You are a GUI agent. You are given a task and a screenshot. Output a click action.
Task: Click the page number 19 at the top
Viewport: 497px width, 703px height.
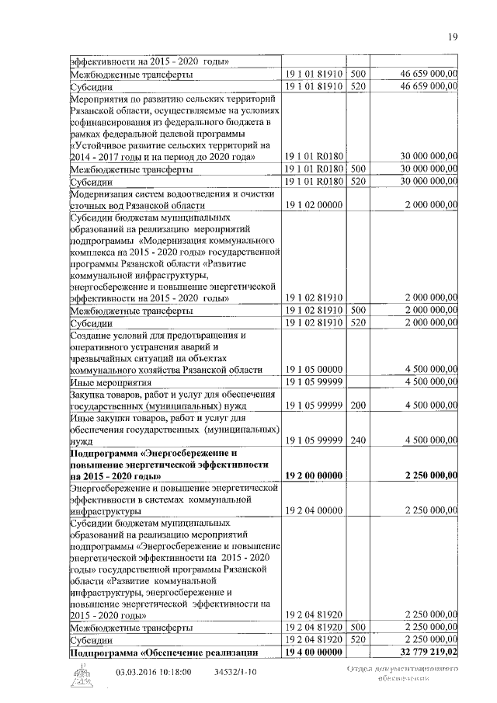[x=454, y=37]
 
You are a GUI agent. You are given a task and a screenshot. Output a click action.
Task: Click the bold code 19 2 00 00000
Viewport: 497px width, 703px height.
[x=314, y=475]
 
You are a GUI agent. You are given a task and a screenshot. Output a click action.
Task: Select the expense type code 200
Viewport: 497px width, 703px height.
[x=358, y=404]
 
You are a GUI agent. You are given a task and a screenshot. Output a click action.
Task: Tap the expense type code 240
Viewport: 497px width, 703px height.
[x=358, y=440]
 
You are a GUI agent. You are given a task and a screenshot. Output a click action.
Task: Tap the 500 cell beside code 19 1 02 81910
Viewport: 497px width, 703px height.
[x=358, y=310]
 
